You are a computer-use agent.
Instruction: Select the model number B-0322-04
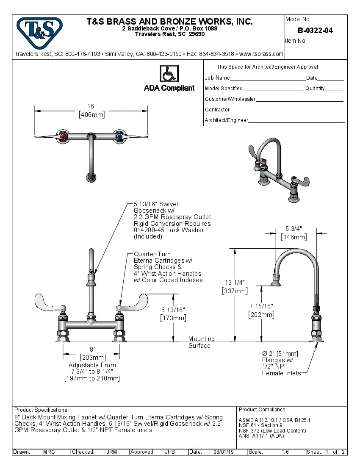click(315, 30)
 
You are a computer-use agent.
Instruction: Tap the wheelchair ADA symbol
click(169, 74)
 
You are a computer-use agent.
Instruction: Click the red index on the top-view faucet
click(63, 137)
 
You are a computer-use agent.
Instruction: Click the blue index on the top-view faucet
click(119, 137)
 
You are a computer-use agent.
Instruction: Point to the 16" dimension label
click(92, 106)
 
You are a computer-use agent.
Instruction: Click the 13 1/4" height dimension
click(235, 283)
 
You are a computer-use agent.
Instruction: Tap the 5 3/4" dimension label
click(294, 229)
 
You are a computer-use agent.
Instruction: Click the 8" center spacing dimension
click(92, 349)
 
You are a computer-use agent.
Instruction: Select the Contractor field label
click(217, 110)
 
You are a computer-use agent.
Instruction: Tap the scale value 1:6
click(285, 452)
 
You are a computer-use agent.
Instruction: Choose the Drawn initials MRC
click(49, 452)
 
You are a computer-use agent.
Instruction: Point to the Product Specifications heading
click(41, 410)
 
